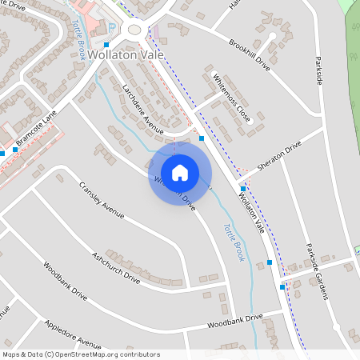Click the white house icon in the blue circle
(180, 172)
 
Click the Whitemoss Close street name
(232, 98)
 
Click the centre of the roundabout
(133, 30)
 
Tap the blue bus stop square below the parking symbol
(107, 44)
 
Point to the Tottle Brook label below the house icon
(232, 243)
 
